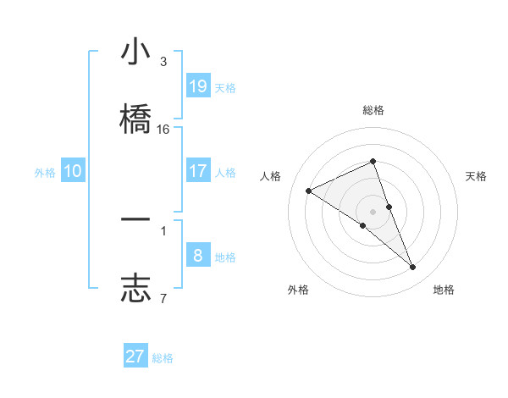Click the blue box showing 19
click(197, 86)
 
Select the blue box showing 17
click(197, 171)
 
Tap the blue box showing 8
click(197, 256)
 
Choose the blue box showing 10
click(73, 171)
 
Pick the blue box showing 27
click(135, 357)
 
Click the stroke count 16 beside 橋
click(163, 130)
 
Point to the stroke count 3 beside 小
click(163, 62)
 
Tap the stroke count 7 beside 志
click(163, 298)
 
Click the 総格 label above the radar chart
click(373, 110)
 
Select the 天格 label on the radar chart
click(476, 176)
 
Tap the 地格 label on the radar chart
click(444, 290)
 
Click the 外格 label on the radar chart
click(298, 290)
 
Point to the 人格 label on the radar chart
click(271, 176)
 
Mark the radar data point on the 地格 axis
click(413, 268)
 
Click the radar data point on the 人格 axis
click(309, 191)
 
